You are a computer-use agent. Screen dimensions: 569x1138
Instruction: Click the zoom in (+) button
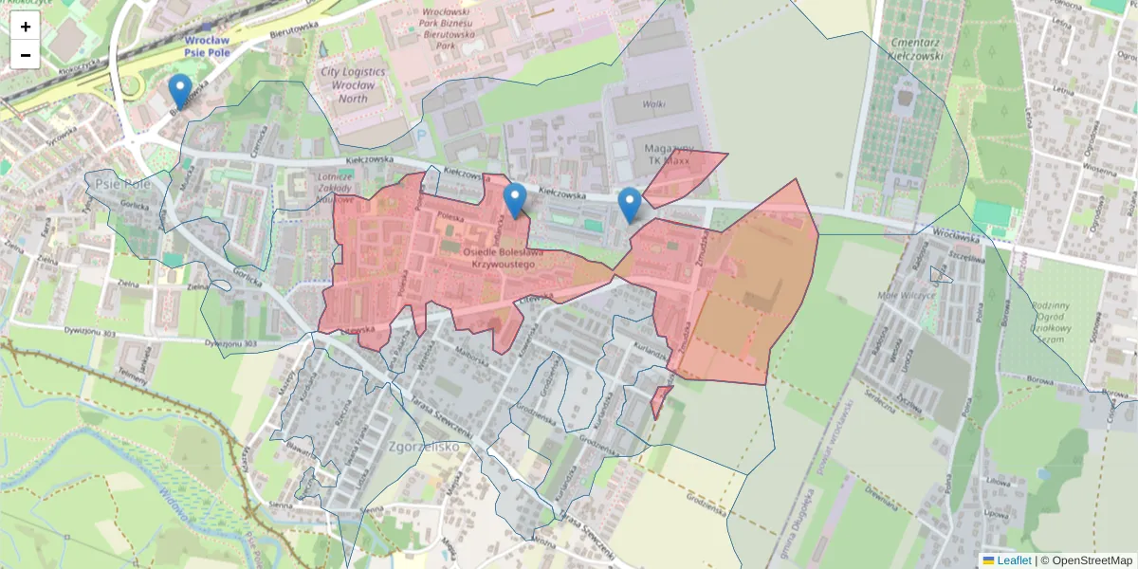click(26, 27)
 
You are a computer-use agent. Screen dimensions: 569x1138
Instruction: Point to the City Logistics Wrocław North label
click(353, 84)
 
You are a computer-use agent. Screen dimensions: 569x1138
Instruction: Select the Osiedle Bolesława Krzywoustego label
click(504, 258)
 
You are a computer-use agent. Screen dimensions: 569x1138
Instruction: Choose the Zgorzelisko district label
click(424, 446)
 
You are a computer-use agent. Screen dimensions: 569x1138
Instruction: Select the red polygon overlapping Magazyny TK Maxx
click(686, 175)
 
